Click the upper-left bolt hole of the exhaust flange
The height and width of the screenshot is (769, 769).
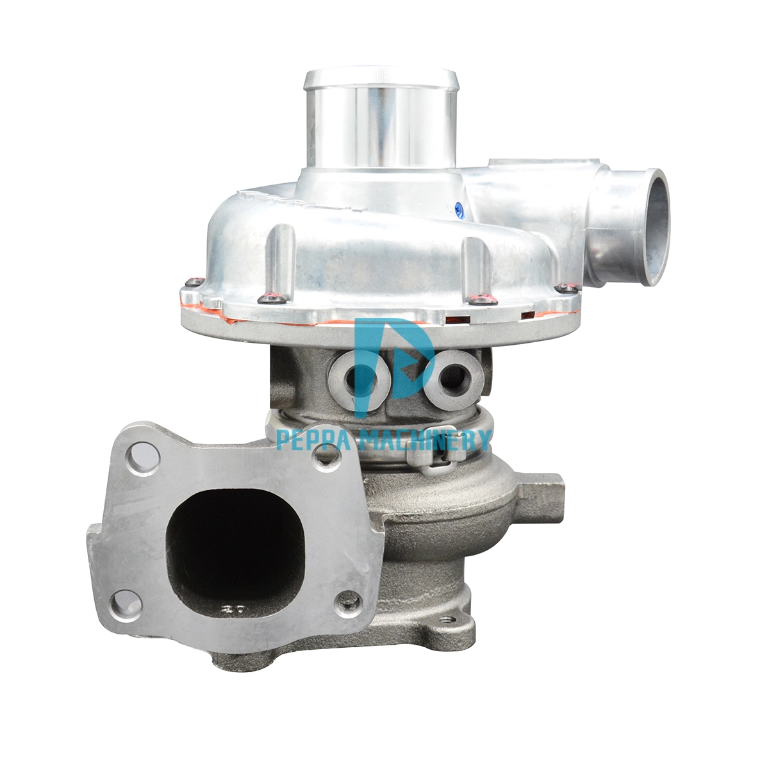pyautogui.click(x=143, y=458)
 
